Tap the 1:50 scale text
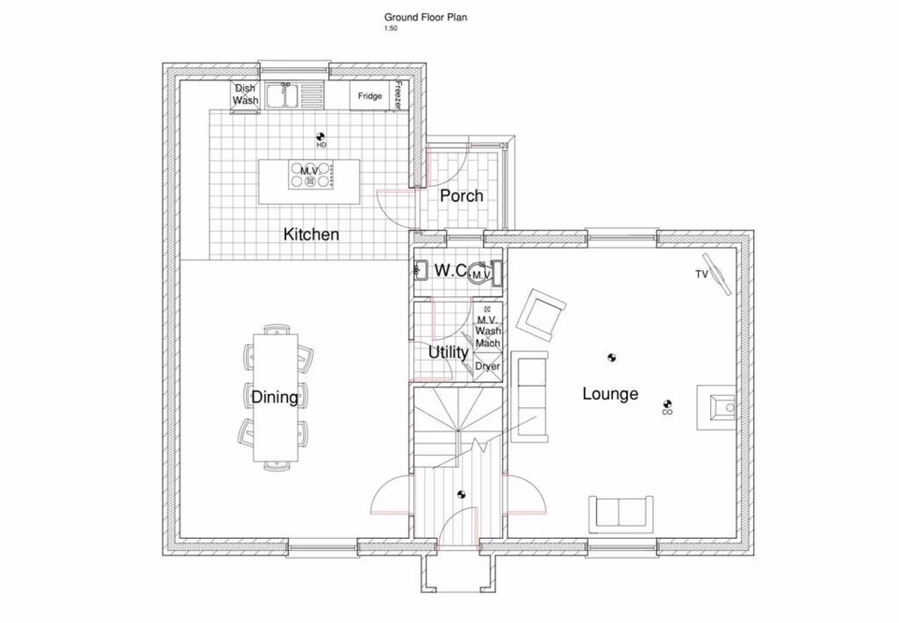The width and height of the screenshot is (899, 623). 391,29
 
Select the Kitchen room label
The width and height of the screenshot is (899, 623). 310,234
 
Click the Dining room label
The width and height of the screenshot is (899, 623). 274,398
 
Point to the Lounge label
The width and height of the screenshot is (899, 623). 610,393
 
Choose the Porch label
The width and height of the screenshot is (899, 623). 462,195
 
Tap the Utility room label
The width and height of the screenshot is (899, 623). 448,353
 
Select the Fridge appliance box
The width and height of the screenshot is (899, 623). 370,95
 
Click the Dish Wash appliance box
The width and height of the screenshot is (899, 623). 245,95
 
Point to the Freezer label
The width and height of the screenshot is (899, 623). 399,95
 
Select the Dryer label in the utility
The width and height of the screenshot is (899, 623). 487,367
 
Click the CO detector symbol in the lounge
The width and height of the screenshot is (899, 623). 667,404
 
